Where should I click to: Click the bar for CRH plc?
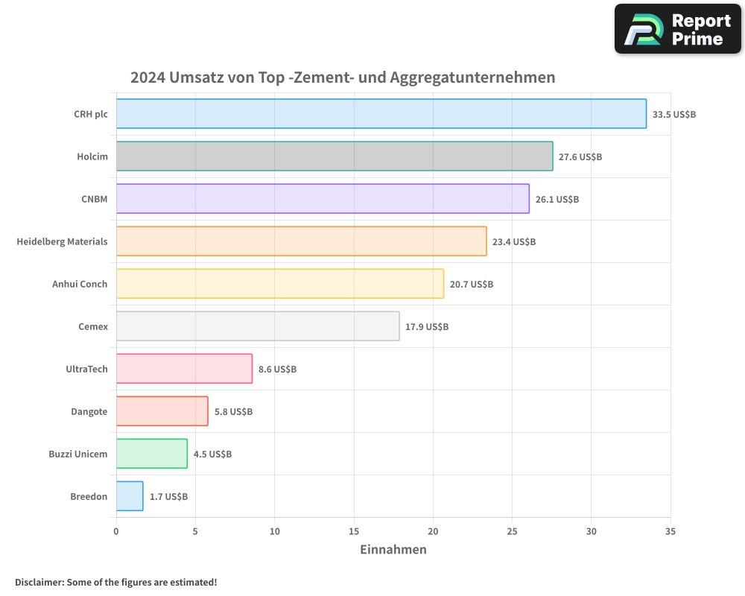tap(381, 114)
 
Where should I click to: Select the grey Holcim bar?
tap(335, 156)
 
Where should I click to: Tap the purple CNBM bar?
tap(323, 199)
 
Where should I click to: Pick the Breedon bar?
tap(130, 496)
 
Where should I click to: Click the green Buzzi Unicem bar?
tap(152, 454)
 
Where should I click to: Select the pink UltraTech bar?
tap(184, 369)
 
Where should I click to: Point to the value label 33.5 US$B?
tap(673, 115)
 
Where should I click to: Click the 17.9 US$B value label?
tap(427, 327)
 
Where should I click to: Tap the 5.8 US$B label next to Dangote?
tap(233, 412)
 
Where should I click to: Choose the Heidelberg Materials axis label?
tap(62, 241)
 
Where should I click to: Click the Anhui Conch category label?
tap(80, 284)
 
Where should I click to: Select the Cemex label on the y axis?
tap(92, 326)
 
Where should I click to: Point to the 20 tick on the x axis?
tap(433, 531)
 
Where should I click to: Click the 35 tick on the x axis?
tap(670, 531)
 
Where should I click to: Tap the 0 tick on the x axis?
tap(116, 531)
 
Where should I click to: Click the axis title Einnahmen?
tap(393, 550)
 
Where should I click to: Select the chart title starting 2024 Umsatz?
tap(343, 77)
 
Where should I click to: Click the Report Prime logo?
tap(678, 29)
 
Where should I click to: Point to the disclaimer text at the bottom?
tap(115, 582)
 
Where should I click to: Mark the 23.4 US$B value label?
tap(514, 242)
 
